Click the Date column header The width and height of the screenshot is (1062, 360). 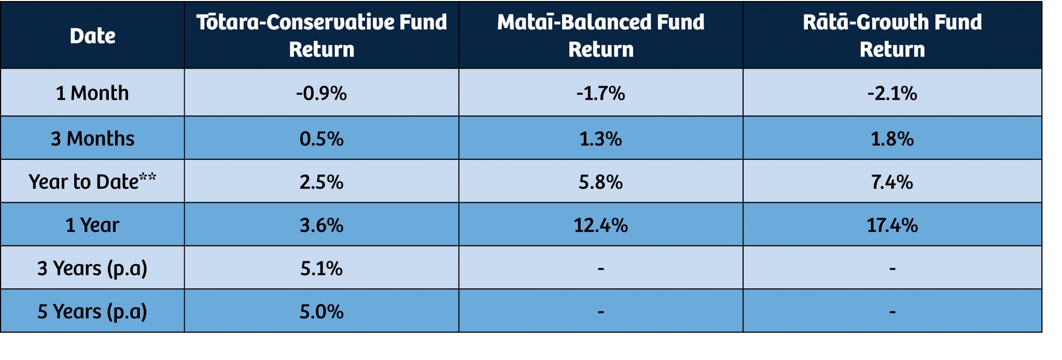(x=92, y=36)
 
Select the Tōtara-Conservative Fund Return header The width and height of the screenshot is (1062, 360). (x=322, y=35)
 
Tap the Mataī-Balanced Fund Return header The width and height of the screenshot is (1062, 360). (x=600, y=35)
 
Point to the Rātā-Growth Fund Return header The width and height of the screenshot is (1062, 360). (x=892, y=35)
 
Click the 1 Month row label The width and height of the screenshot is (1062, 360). (x=92, y=93)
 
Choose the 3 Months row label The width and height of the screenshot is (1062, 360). (x=92, y=139)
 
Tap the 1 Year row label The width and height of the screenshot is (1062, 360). (x=92, y=225)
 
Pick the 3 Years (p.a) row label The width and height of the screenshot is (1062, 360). (x=92, y=269)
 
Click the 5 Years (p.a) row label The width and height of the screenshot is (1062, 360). (x=92, y=312)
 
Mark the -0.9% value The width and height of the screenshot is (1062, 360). (x=322, y=93)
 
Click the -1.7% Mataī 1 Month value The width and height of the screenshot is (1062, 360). (x=600, y=93)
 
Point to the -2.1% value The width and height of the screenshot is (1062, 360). (x=892, y=93)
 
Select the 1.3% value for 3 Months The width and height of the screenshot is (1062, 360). (x=600, y=139)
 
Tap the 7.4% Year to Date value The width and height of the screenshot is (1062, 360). (x=892, y=182)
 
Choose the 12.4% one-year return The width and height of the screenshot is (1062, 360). (x=600, y=225)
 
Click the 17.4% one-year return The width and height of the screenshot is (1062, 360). (x=892, y=225)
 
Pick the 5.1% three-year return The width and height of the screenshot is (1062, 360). (x=322, y=269)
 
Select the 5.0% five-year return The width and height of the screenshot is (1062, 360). (x=322, y=312)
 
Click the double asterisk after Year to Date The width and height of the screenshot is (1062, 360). (x=148, y=177)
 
